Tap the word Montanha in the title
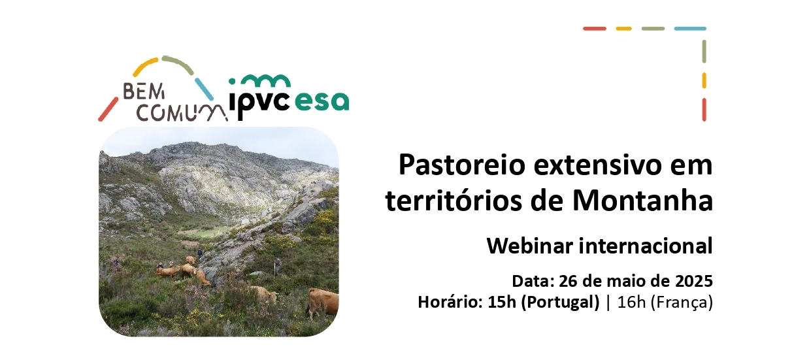pos(643,201)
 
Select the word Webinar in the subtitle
pos(531,246)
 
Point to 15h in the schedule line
pos(502,302)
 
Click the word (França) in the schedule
pos(682,303)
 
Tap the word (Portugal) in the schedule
pos(560,303)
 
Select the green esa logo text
pos(322,101)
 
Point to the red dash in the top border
pos(595,29)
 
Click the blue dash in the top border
pos(690,29)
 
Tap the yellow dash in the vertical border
pos(704,80)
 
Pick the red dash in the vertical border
pos(704,110)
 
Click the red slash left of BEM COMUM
pos(108,109)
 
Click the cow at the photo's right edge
pos(323,303)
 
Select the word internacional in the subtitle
pos(646,246)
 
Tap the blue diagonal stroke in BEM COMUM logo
pos(204,90)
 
